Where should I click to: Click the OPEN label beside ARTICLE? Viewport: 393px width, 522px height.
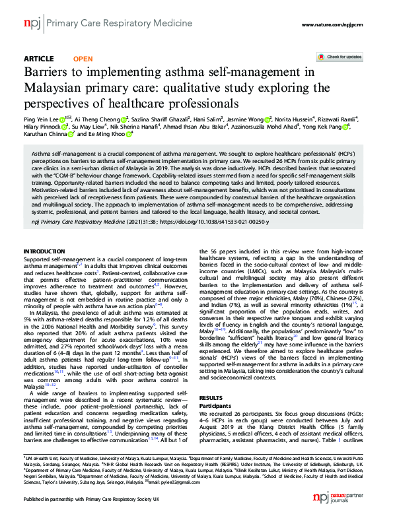tap(78, 59)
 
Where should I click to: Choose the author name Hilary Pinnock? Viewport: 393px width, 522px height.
tap(43, 127)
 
